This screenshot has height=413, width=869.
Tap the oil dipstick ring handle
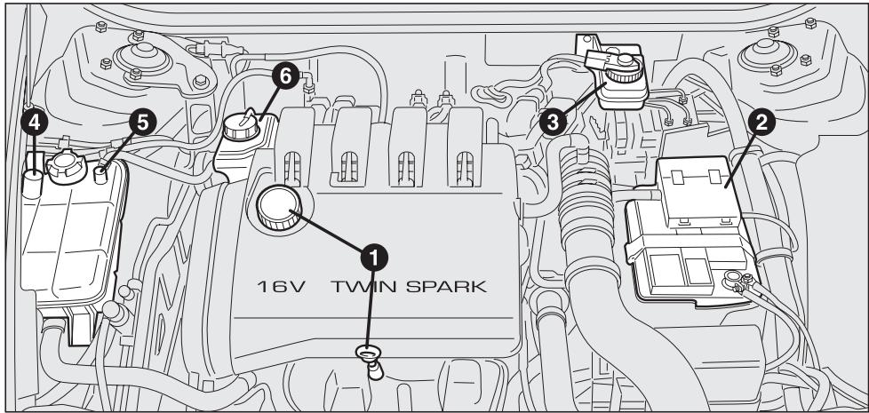click(367, 354)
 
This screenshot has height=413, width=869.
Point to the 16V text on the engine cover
click(283, 290)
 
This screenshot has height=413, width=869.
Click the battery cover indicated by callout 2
click(693, 189)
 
